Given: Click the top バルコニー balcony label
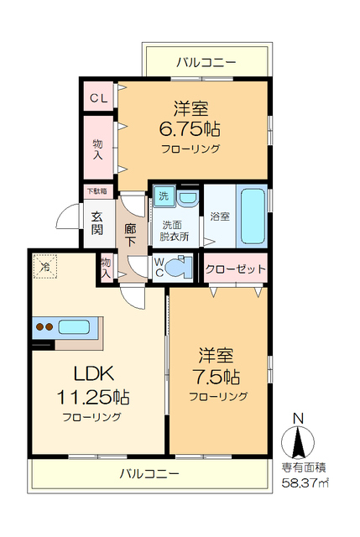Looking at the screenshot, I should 206,62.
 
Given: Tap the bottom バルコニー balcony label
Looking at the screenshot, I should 149,473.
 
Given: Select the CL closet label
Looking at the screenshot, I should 99,98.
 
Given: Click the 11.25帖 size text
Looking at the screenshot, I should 92,395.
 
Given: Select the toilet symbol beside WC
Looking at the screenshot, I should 179,270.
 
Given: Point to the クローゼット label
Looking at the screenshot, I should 236,270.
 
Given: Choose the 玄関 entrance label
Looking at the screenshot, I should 98,222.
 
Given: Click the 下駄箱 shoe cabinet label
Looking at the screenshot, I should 97,191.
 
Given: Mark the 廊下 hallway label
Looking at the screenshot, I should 130,234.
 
